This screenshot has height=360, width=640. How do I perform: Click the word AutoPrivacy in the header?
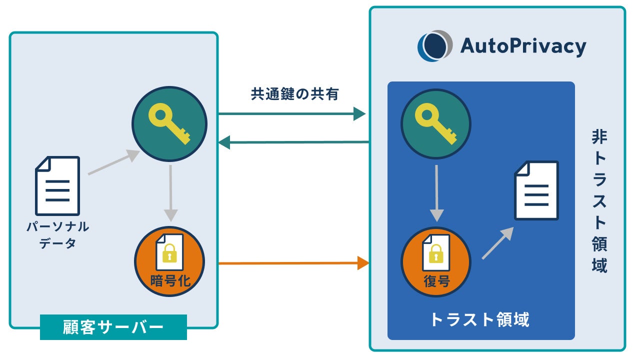pyautogui.click(x=522, y=46)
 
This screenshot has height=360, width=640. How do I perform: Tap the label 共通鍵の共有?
pyautogui.click(x=294, y=94)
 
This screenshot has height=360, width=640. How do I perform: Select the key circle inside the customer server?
pyautogui.click(x=169, y=124)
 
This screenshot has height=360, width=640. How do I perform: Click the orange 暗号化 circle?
pyautogui.click(x=169, y=262)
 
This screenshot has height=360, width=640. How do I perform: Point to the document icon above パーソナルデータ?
pyautogui.click(x=57, y=185)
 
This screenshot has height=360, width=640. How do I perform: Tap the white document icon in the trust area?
pyautogui.click(x=536, y=190)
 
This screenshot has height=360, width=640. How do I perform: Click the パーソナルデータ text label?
pyautogui.click(x=57, y=235)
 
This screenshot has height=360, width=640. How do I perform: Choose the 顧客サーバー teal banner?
pyautogui.click(x=113, y=327)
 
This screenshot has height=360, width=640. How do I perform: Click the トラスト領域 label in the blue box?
pyautogui.click(x=480, y=319)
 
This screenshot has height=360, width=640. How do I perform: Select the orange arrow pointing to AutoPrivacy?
pyautogui.click(x=294, y=262)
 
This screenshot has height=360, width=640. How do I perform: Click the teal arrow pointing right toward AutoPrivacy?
pyautogui.click(x=292, y=114)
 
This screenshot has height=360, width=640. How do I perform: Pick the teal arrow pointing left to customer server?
pyautogui.click(x=293, y=142)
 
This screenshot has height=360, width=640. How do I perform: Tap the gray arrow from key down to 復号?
pyautogui.click(x=437, y=192)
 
